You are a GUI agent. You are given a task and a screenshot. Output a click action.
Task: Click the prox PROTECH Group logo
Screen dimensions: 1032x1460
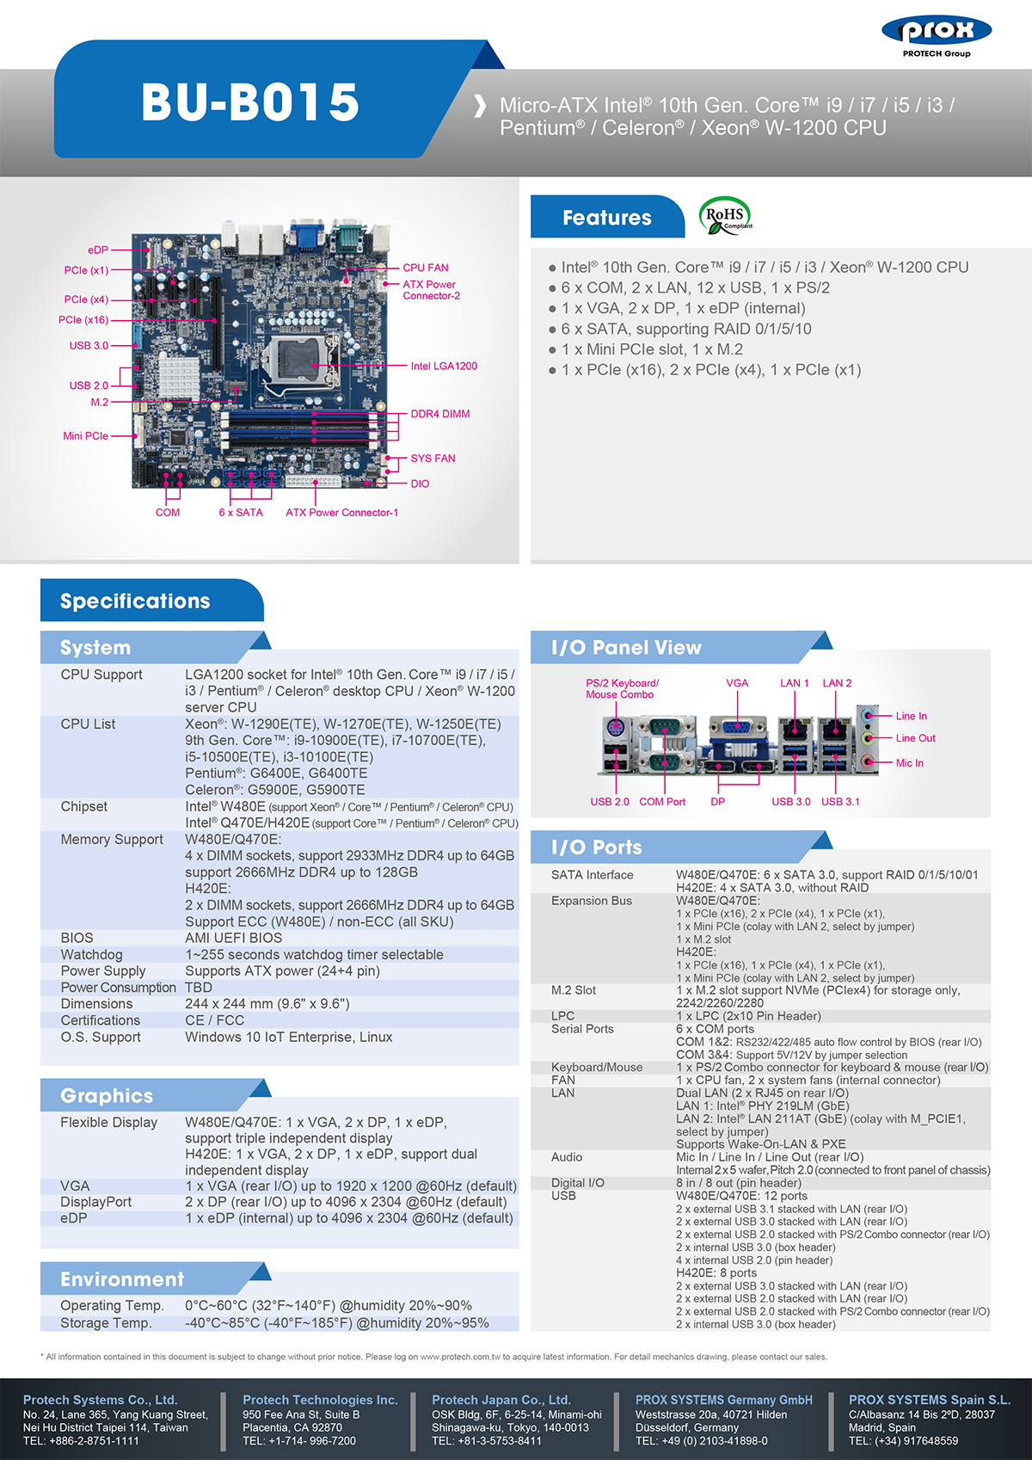[x=937, y=36]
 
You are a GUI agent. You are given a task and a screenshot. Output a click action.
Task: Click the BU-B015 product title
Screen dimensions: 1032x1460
[x=250, y=102]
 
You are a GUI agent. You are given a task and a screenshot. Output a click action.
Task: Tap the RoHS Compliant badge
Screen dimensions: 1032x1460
[x=725, y=216]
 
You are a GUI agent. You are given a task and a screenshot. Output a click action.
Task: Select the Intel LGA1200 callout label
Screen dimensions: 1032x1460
[x=444, y=366]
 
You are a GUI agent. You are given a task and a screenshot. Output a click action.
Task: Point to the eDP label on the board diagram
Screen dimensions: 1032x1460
[x=98, y=249]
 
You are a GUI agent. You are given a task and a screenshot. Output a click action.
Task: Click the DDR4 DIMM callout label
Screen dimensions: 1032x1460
[x=439, y=414]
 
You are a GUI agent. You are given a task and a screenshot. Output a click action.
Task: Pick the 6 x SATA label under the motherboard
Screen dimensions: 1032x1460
[x=241, y=512]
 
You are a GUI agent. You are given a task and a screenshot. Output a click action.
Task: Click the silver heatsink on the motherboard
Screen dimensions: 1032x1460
[x=179, y=376]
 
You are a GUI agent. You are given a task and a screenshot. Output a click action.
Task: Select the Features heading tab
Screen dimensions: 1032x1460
[x=606, y=218]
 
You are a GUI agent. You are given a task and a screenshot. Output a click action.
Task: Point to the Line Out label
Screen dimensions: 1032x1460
[x=915, y=738]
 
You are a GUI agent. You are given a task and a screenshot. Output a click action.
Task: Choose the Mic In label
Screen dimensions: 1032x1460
[x=910, y=762]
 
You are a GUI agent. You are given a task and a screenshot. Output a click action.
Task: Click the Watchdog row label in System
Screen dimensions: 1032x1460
[x=91, y=954]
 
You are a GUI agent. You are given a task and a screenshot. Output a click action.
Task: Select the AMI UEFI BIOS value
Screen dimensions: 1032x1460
[x=233, y=938]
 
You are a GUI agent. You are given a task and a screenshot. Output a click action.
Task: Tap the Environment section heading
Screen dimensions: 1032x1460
[x=122, y=1278]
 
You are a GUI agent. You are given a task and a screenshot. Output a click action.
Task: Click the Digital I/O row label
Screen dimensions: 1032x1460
[x=577, y=1182]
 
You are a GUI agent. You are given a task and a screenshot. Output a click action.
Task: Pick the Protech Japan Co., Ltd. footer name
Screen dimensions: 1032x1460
[x=501, y=1400]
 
